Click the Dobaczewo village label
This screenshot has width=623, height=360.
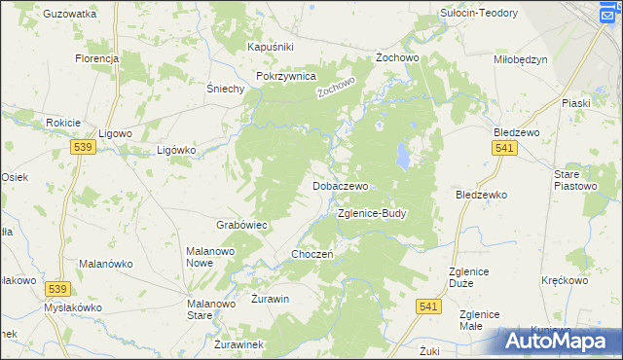point(340,185)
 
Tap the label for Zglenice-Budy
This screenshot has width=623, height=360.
point(371,213)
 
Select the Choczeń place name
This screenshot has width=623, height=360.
point(312,254)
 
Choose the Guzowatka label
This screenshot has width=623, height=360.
point(70,15)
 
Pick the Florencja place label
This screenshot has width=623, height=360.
point(96,58)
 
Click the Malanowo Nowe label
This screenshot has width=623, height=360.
point(212,257)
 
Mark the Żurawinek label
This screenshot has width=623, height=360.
point(238,344)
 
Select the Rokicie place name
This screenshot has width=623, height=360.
point(62,123)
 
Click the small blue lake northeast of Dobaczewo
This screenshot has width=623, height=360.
point(401,154)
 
